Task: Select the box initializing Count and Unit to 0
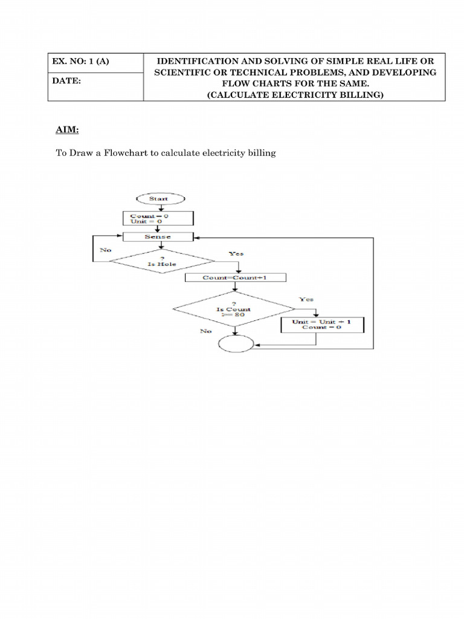pyautogui.click(x=158, y=218)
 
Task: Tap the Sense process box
pyautogui.click(x=158, y=237)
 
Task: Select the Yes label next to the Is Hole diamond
pyautogui.click(x=236, y=254)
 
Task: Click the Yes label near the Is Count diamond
pyautogui.click(x=306, y=299)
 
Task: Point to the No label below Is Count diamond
pyautogui.click(x=206, y=332)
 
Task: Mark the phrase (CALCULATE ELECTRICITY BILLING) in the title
pyautogui.click(x=295, y=94)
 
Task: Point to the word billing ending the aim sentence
pyautogui.click(x=261, y=153)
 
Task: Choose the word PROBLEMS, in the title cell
pyautogui.click(x=315, y=73)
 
